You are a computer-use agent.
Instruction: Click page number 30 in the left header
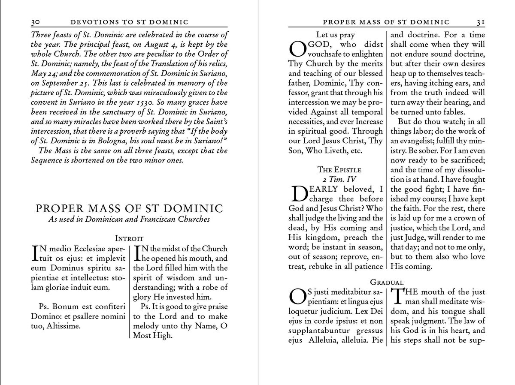(x=36, y=22)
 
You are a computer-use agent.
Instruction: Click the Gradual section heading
(x=387, y=282)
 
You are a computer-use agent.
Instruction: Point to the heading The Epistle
(x=339, y=169)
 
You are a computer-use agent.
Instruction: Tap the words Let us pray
(x=335, y=35)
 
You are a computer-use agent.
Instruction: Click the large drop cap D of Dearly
(x=299, y=193)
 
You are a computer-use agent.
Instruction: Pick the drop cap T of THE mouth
(x=397, y=296)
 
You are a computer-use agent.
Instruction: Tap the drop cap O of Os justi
(x=297, y=296)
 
